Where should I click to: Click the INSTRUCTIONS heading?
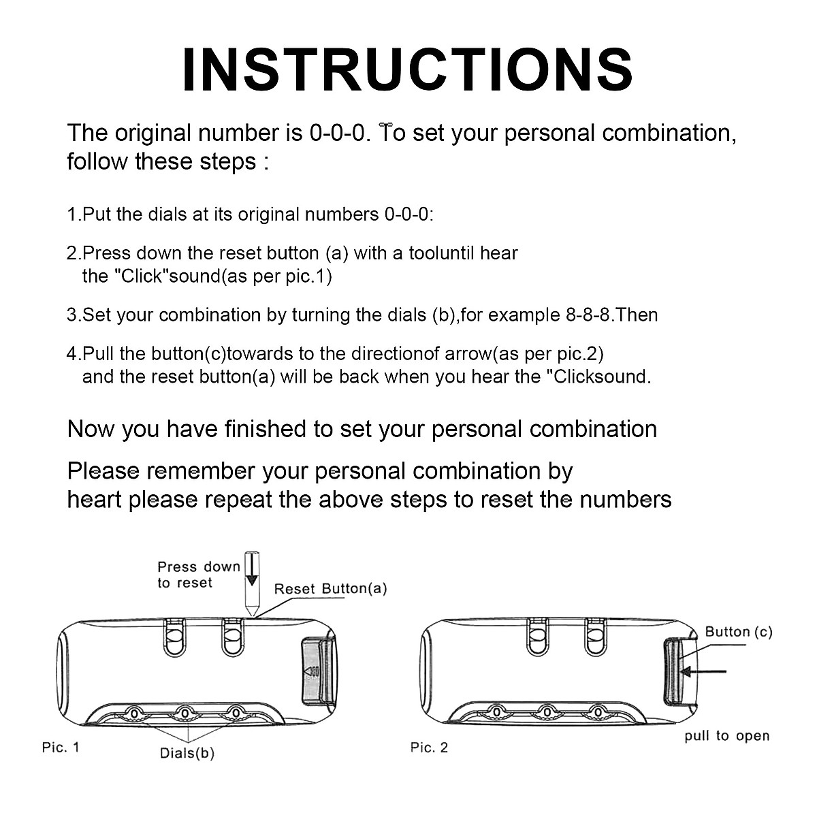pos(407,69)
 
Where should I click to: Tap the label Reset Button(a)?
pos(331,588)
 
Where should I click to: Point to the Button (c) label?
pos(739,632)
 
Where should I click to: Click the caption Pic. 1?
pos(61,747)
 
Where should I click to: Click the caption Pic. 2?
pos(429,747)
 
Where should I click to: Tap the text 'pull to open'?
pos(726,736)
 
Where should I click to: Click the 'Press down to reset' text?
pos(199,575)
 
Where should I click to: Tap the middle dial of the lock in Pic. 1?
pos(185,714)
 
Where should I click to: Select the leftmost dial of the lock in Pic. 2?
pos(496,713)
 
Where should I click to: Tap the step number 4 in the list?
pos(71,353)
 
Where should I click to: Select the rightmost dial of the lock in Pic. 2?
pos(597,713)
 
